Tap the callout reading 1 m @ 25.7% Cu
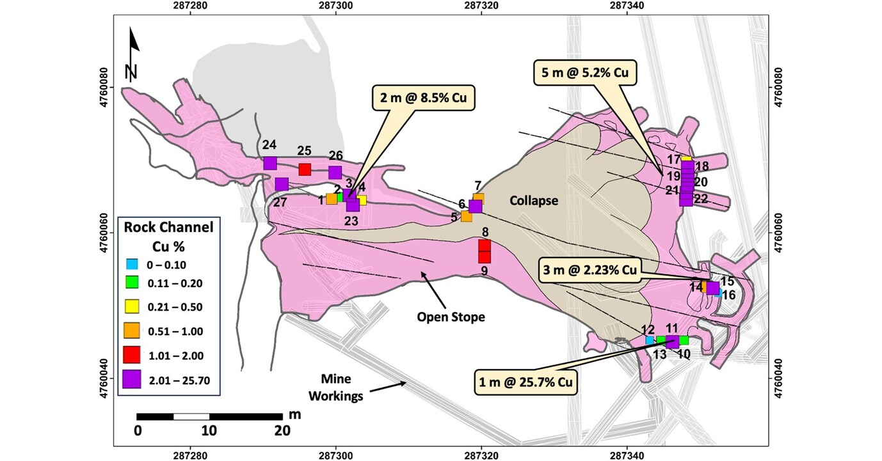point(524,382)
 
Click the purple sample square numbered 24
point(269,163)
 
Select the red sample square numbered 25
point(305,169)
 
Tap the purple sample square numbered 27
point(282,184)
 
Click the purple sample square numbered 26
point(335,173)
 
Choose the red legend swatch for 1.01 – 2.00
point(132,353)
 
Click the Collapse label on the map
point(534,201)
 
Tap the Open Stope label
point(451,316)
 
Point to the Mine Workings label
point(335,387)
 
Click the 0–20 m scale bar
point(209,417)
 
